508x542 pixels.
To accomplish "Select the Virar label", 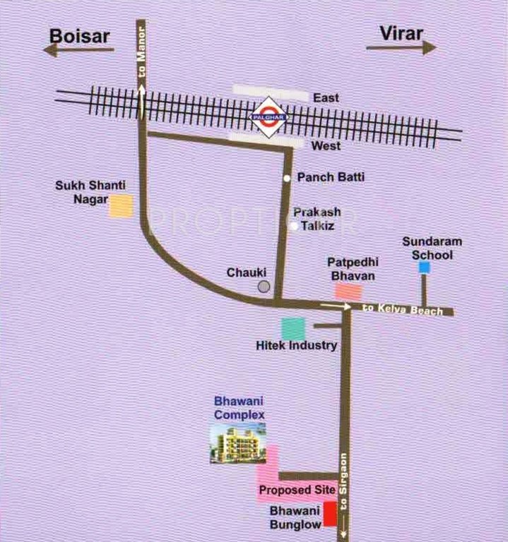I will tap(401, 32).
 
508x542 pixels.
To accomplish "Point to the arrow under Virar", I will tap(401, 47).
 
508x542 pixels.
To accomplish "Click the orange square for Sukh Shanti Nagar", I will tap(121, 205).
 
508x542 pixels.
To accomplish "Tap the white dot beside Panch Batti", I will tap(287, 178).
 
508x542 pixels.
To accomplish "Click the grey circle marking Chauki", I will tap(264, 286).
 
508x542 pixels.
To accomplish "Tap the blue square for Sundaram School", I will tap(424, 267).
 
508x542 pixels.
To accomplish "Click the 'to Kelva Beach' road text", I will tap(402, 310).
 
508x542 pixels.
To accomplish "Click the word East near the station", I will tap(328, 98).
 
